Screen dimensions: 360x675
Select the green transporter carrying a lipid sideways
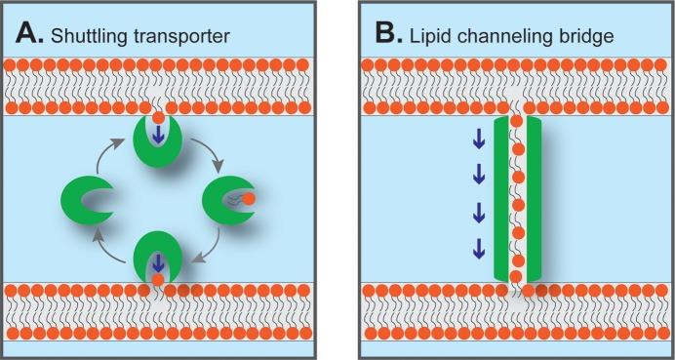pos(225,200)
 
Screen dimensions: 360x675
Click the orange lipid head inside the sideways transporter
pos(250,199)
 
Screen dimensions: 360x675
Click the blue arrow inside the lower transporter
pos(158,262)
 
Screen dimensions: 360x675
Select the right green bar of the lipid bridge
pos(534,199)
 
